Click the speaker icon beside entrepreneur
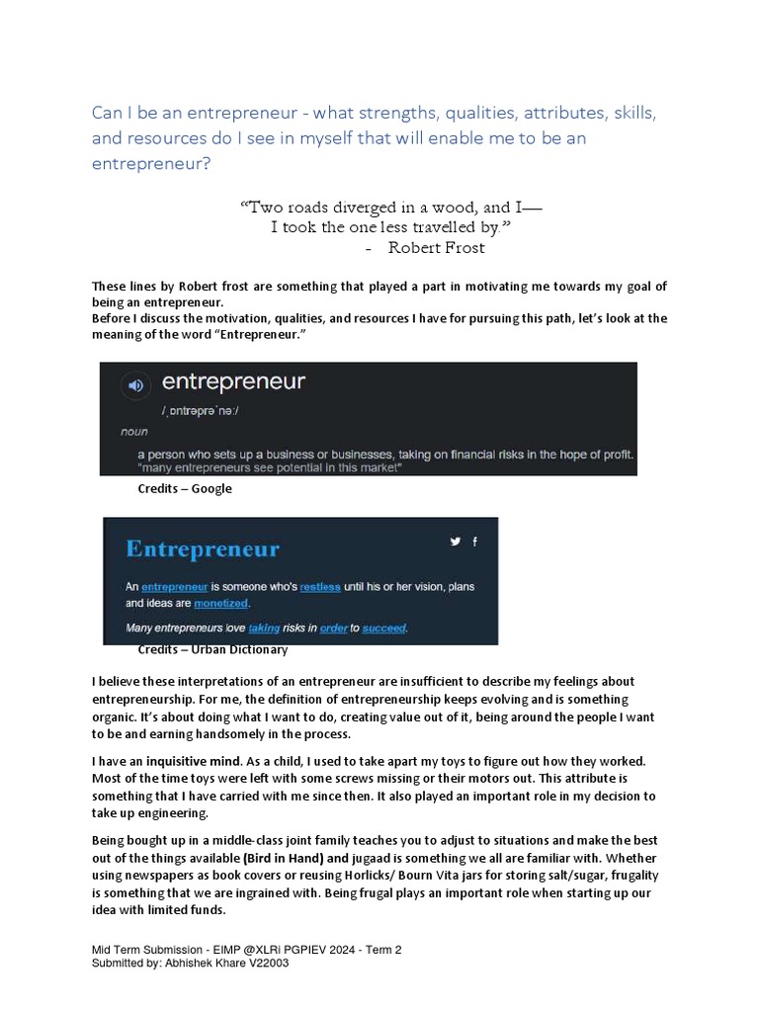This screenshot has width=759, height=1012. (136, 384)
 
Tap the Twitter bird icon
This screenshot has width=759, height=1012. (456, 541)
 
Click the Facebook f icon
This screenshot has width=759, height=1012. (475, 541)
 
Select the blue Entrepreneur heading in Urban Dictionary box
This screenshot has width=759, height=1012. (203, 548)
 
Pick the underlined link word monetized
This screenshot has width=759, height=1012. (221, 603)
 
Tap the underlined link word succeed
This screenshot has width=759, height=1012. (384, 628)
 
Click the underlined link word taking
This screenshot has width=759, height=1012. (264, 628)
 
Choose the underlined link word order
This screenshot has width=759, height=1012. (333, 628)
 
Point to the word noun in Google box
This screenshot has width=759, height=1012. (134, 432)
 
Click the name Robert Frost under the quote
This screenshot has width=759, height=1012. (436, 247)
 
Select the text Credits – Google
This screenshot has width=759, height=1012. (185, 488)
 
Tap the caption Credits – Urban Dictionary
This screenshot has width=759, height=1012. (212, 650)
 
